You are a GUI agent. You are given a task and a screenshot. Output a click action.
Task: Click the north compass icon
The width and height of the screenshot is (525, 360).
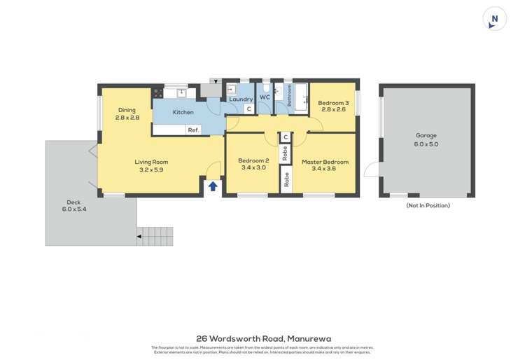(494, 19)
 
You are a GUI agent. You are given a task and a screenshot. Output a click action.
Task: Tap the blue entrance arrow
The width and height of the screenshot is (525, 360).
(213, 186)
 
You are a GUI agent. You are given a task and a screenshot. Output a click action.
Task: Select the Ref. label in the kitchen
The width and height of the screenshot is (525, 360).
(193, 130)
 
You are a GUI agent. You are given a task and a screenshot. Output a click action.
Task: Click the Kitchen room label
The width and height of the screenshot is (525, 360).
(183, 112)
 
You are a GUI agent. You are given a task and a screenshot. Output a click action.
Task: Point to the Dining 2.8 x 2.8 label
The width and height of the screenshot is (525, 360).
(127, 113)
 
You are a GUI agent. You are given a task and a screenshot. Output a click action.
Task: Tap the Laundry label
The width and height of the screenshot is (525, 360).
(241, 99)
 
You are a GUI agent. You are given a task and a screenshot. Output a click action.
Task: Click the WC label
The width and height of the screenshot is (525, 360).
(265, 97)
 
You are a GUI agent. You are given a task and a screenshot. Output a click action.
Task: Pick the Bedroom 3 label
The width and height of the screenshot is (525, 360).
(332, 106)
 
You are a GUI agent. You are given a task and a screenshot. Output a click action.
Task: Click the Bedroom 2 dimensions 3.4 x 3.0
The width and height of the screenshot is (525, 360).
(253, 168)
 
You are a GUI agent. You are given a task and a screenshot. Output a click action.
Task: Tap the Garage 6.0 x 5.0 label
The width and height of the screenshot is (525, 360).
(426, 140)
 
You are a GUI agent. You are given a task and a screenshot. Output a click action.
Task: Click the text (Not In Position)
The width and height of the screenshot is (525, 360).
(428, 206)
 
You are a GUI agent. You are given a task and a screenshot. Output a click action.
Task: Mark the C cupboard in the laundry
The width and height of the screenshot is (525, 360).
(248, 109)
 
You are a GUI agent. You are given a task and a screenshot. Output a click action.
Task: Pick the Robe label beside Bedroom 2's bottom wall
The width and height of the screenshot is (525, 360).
(286, 181)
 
